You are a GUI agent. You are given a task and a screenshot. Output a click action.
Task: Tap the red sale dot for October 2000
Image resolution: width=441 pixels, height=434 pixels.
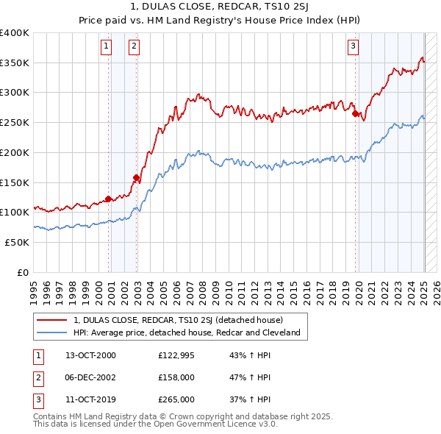coord(109,198)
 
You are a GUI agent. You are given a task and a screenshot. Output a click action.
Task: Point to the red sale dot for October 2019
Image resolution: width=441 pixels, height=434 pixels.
coord(355,113)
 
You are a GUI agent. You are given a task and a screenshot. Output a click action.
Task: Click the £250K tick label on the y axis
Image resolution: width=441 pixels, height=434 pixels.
coord(14,122)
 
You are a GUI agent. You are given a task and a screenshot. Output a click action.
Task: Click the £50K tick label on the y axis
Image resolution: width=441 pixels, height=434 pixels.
coord(17,242)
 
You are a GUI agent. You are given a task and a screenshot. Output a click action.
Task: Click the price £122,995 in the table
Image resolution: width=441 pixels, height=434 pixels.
coord(176,355)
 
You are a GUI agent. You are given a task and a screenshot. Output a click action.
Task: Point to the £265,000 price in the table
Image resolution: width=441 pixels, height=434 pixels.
coord(176,399)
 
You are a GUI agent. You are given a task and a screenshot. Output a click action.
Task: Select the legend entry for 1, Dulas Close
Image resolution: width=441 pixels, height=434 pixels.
coord(177,320)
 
